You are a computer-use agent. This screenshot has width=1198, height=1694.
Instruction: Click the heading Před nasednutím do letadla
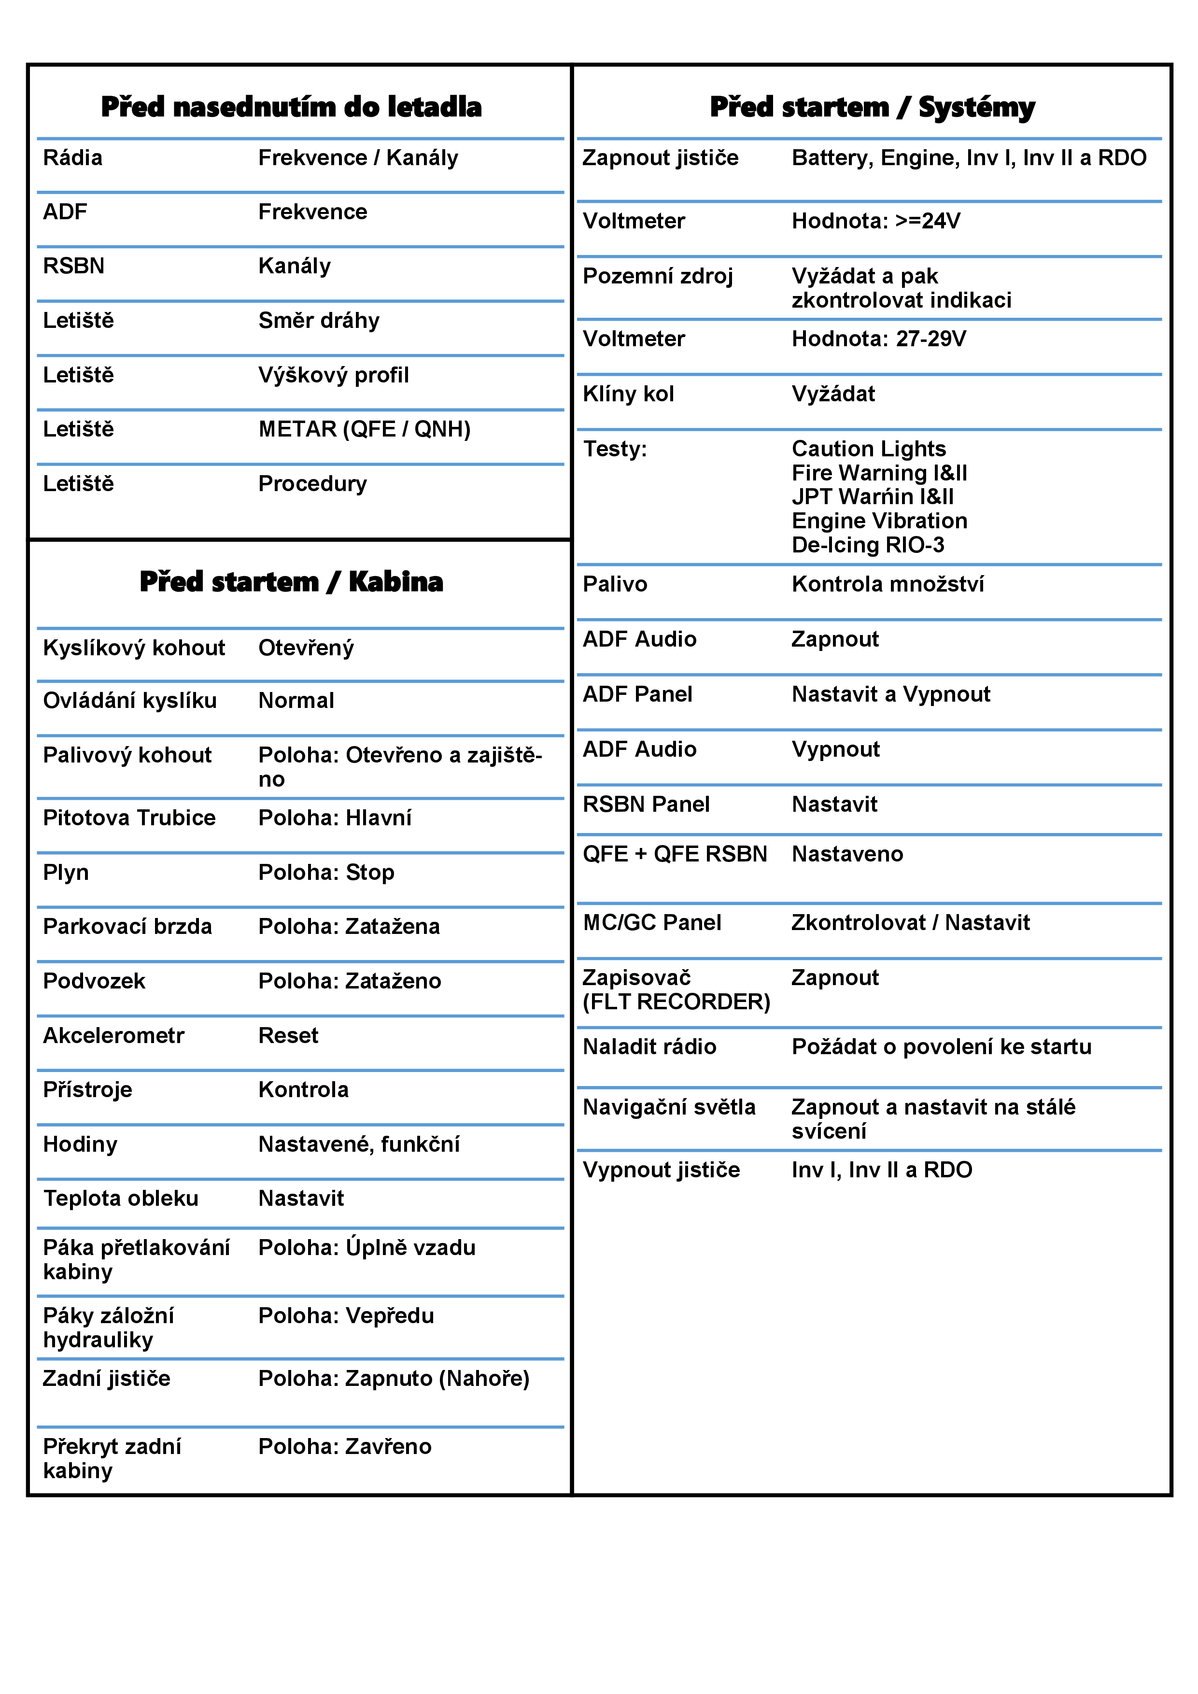click(x=291, y=107)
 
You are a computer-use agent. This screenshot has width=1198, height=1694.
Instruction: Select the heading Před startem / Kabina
click(x=291, y=582)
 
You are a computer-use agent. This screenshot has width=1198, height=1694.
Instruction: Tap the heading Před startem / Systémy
click(x=872, y=107)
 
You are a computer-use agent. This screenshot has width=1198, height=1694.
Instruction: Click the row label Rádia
click(x=72, y=158)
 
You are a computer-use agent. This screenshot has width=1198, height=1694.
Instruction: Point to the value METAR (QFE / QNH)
click(x=365, y=429)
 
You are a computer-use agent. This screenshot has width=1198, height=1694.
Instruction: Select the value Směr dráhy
click(x=319, y=321)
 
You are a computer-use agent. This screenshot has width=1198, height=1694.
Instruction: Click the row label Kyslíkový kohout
click(x=134, y=648)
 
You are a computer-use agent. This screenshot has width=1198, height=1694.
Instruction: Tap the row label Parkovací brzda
click(x=127, y=927)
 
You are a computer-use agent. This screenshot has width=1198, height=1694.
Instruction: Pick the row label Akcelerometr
click(x=113, y=1036)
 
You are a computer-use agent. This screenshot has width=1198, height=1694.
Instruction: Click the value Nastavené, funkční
click(x=358, y=1144)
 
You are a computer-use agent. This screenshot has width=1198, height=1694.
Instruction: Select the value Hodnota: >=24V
click(x=875, y=221)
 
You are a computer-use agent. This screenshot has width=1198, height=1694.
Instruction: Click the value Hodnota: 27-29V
click(x=879, y=339)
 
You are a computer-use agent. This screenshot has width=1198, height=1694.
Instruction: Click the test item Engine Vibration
click(x=879, y=521)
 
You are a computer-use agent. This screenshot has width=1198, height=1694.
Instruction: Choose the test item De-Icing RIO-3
click(x=868, y=545)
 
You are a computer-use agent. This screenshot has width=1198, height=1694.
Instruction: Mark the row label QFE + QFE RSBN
click(x=674, y=854)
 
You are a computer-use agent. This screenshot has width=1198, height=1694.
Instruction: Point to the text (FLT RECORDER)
click(x=676, y=1002)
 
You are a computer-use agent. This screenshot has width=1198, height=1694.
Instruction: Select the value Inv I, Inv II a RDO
click(x=882, y=1170)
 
